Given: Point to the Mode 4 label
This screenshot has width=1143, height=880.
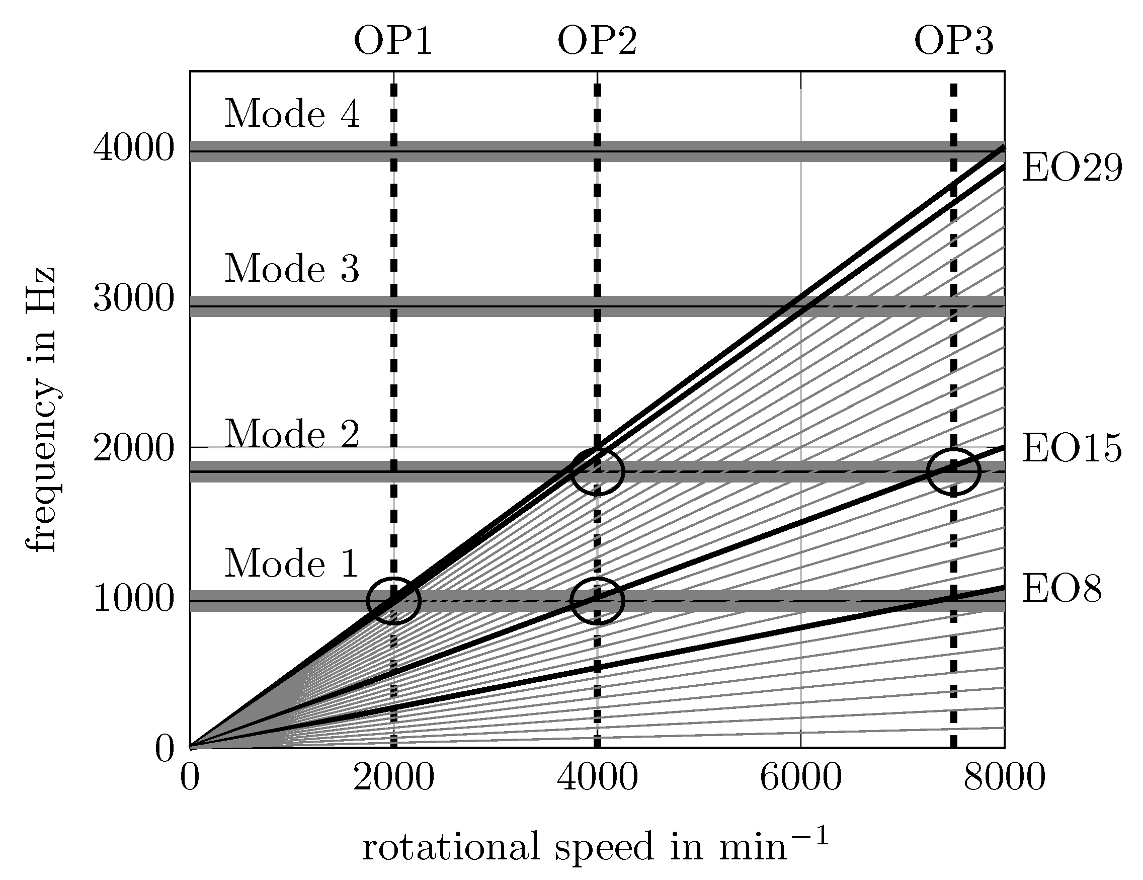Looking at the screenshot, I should click(292, 114).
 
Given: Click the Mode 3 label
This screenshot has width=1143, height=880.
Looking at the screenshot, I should click(292, 269).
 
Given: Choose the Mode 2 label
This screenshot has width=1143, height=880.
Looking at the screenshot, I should click(292, 434).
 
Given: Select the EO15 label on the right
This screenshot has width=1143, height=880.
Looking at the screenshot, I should click(1072, 449).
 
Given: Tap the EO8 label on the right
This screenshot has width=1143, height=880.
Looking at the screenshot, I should click(1062, 590).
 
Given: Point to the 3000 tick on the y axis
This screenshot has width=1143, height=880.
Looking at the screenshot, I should click(133, 299).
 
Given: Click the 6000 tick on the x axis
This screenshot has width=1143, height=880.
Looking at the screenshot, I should click(801, 778).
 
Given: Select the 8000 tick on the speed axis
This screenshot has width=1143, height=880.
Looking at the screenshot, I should click(1004, 778).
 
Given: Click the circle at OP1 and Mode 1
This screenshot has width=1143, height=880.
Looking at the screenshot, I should click(393, 600).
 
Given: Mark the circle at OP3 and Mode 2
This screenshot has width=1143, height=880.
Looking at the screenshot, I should click(953, 471).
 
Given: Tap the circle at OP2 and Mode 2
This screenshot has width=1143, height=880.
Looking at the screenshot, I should click(597, 471).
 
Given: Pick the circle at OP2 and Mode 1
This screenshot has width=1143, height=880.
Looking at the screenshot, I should click(597, 600).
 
